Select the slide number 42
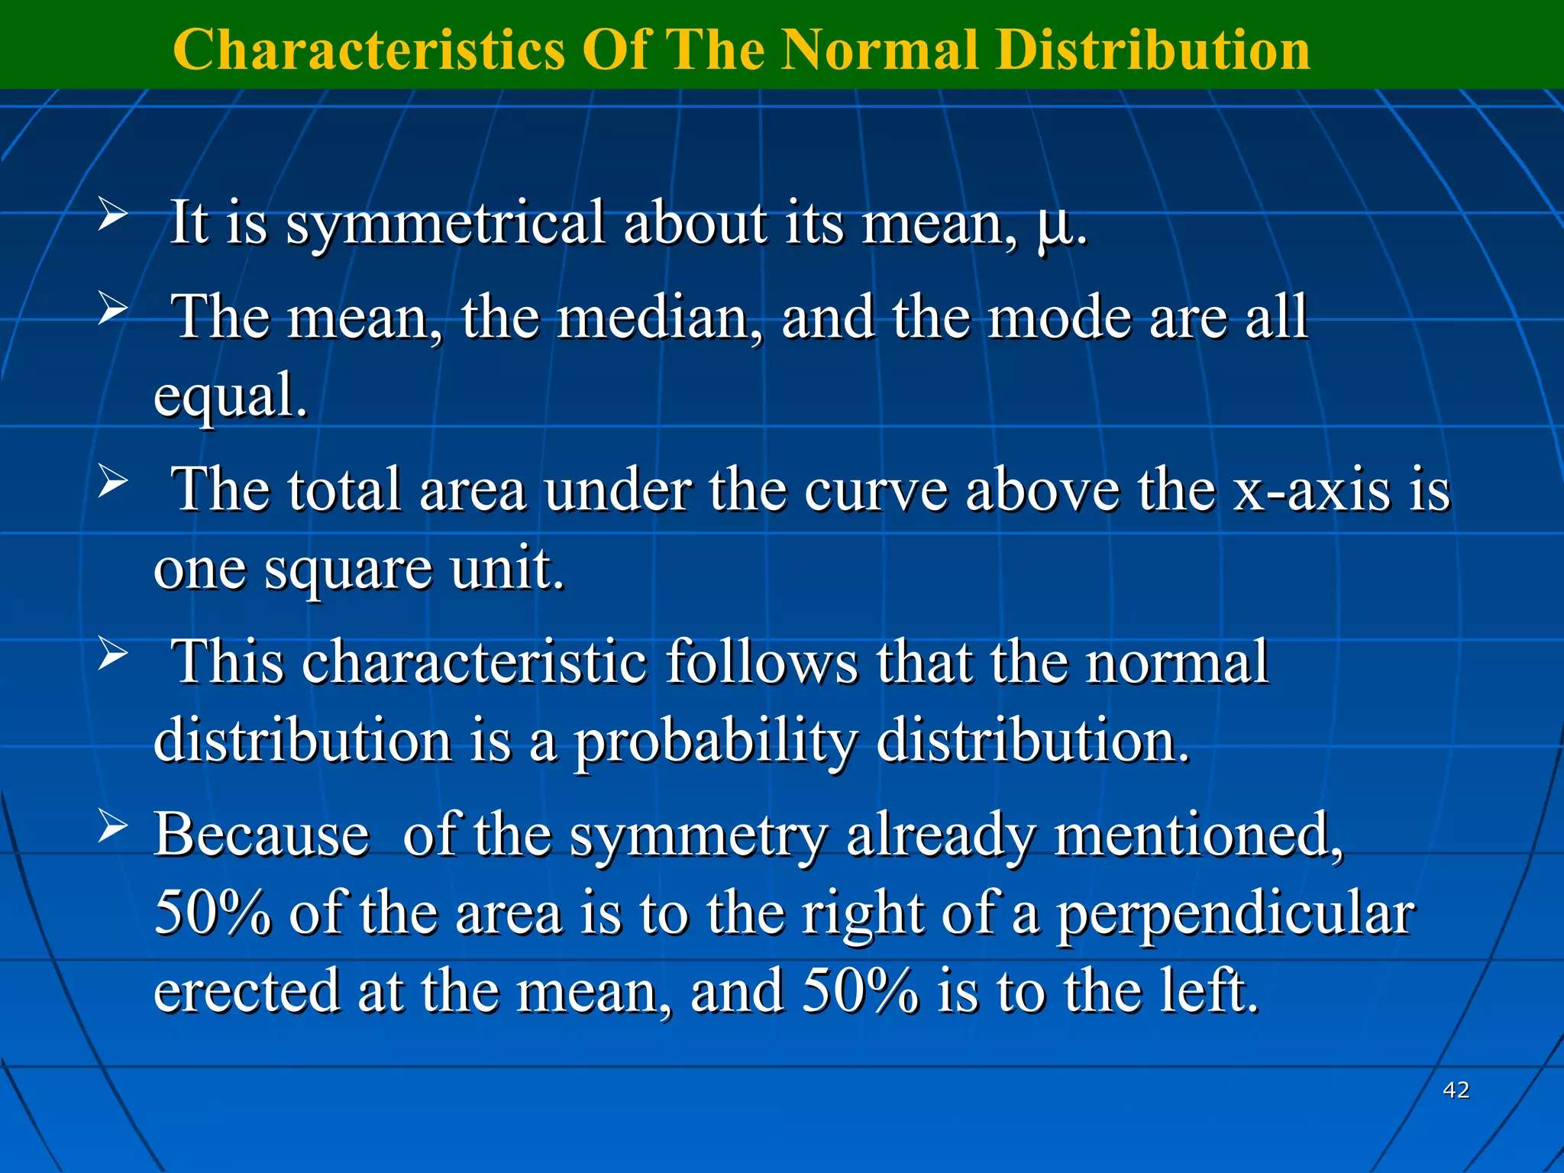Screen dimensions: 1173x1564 [x=1456, y=1090]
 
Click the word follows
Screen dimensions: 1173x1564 [x=762, y=661]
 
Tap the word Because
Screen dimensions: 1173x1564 [x=262, y=835]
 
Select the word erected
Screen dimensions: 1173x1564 [x=247, y=991]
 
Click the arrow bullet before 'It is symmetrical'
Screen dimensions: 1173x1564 [x=111, y=215]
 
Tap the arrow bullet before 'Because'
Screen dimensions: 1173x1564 [x=111, y=827]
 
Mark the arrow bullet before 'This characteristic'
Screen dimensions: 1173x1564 [x=111, y=654]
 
